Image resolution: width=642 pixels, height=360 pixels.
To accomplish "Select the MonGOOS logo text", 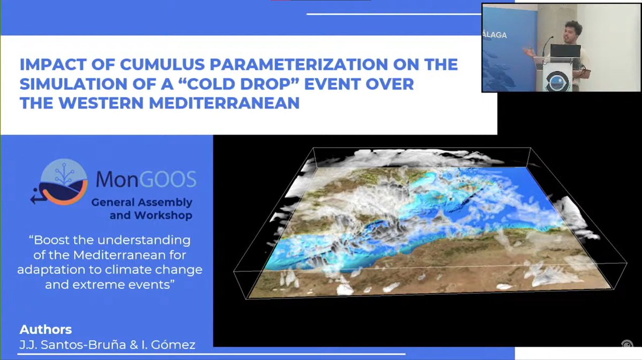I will [146, 179].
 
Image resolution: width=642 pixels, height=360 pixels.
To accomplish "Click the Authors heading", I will [45, 329].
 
